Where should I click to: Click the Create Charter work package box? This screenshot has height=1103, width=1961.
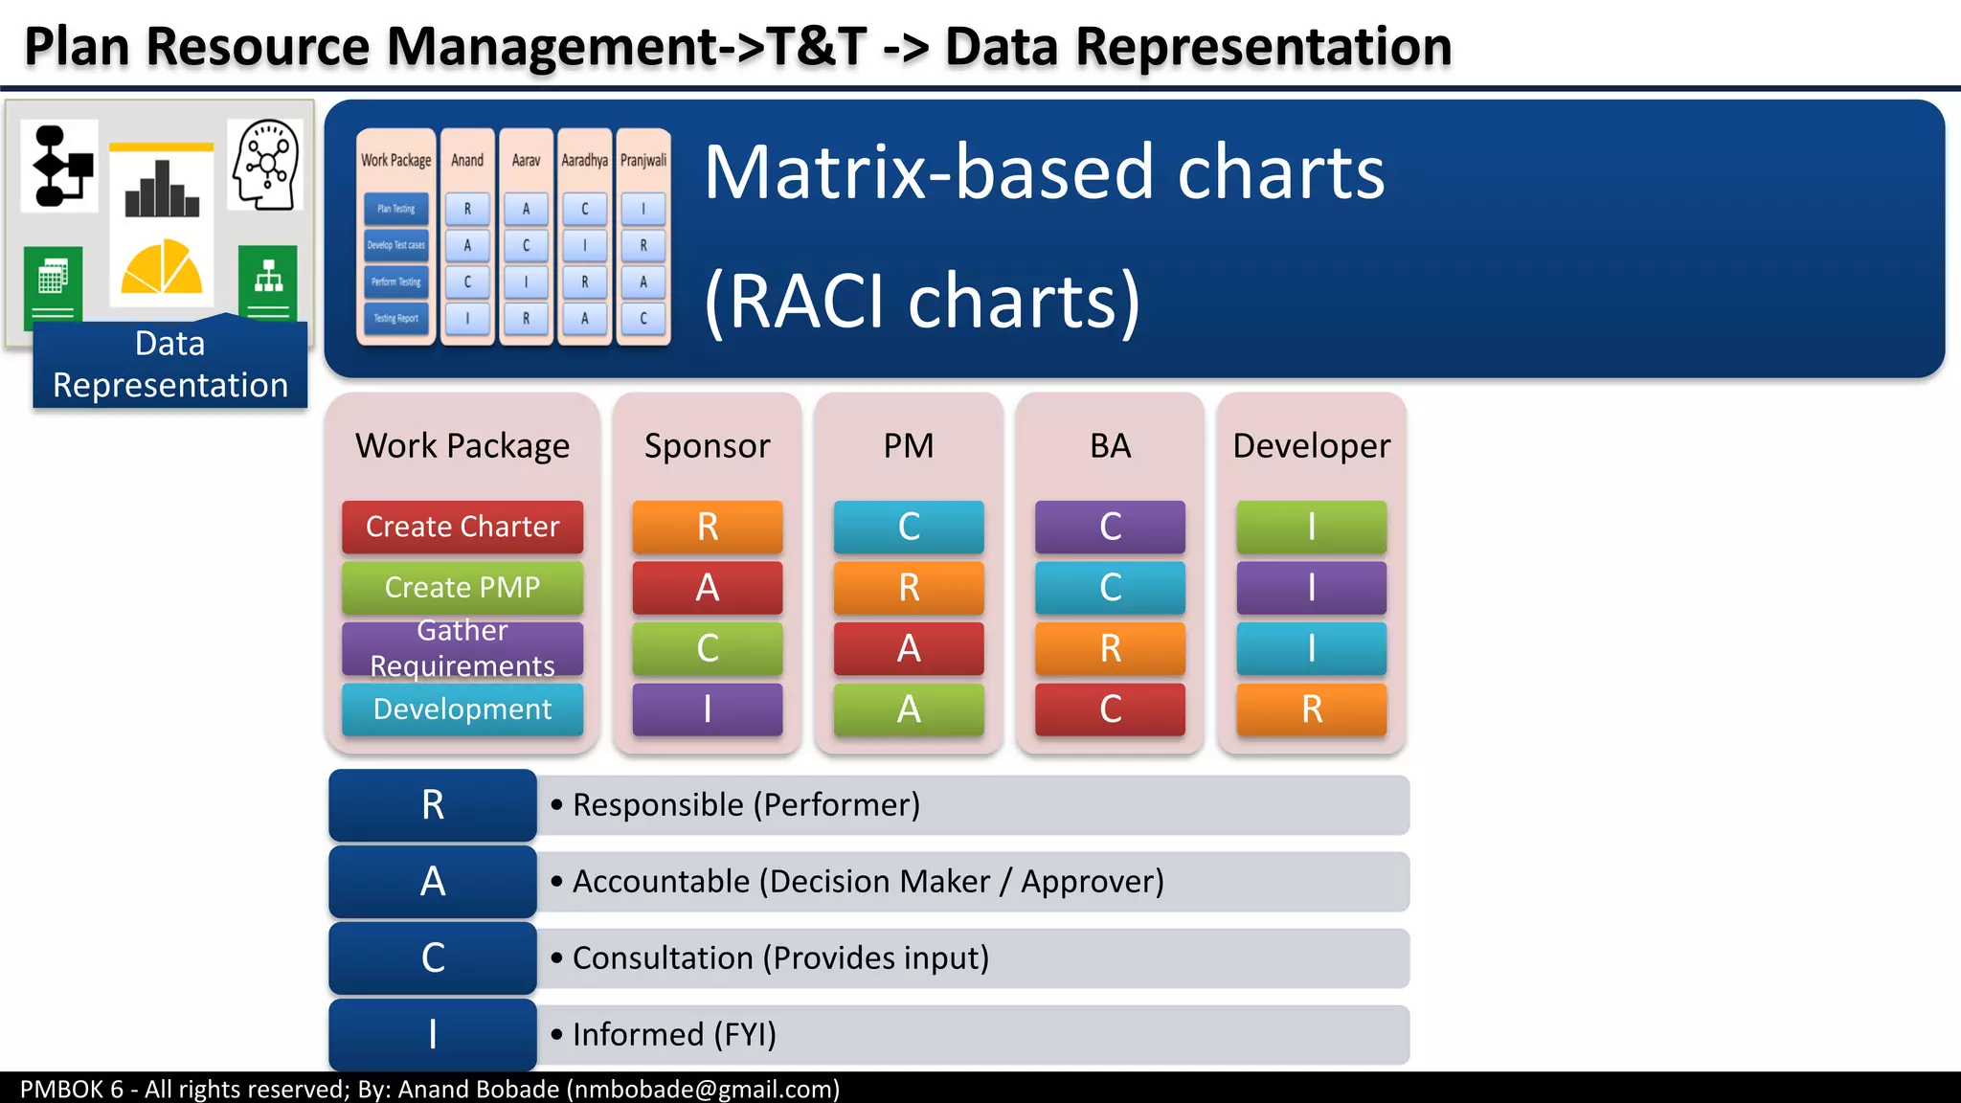[462, 527]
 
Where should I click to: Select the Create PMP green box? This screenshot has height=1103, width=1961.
[462, 587]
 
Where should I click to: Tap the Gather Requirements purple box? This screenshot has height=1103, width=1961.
[462, 648]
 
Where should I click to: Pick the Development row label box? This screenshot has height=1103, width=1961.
[462, 709]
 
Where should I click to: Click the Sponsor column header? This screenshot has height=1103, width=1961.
[707, 446]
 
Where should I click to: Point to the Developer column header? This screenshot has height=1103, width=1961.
[1311, 446]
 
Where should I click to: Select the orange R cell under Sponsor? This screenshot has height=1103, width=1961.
[707, 527]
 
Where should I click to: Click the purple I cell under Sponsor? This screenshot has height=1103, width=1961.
[707, 709]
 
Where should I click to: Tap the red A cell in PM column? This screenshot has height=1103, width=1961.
[908, 648]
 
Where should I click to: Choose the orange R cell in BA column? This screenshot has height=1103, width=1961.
[1110, 648]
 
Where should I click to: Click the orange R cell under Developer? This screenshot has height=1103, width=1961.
[1311, 709]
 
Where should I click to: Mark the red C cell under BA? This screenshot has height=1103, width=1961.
[1110, 709]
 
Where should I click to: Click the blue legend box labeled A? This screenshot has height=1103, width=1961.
[433, 881]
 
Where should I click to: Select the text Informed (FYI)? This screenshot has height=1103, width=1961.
[674, 1035]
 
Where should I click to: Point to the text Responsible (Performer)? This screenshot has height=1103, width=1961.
[746, 805]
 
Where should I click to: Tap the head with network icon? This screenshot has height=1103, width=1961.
[266, 164]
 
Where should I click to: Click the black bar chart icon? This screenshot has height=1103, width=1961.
[161, 189]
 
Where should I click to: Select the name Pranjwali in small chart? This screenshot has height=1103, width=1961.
[643, 160]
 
